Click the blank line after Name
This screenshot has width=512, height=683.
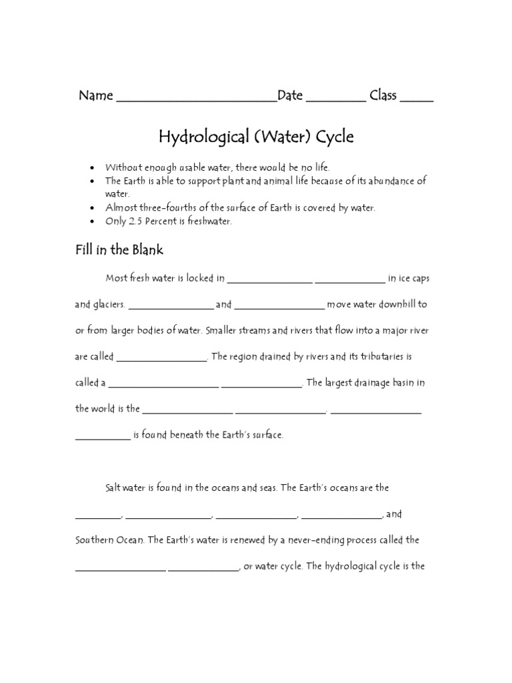coord(197,100)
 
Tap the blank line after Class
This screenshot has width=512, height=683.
coord(417,100)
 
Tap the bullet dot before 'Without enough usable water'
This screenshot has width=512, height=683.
coord(91,167)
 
